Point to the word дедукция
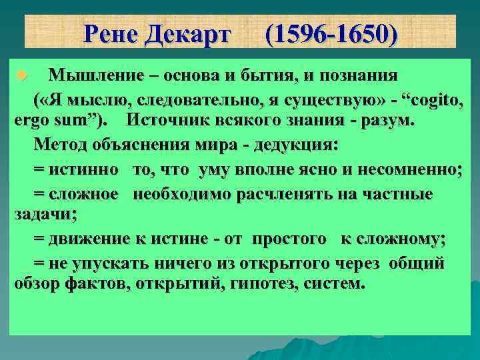click(293, 146)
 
